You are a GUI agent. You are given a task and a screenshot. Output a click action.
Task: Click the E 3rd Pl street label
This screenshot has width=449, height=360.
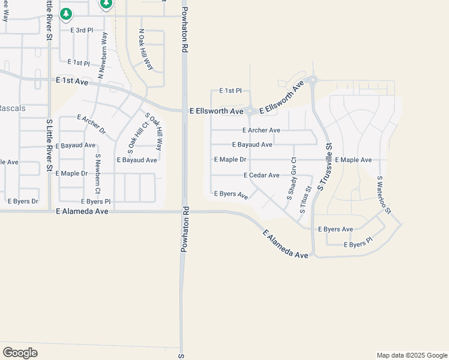click(82, 30)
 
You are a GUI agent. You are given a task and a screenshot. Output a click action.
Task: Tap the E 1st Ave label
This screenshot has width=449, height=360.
click(71, 80)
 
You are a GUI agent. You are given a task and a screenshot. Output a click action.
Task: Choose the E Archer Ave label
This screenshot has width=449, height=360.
click(261, 130)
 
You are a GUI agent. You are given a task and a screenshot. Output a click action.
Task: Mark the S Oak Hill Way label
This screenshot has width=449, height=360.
click(154, 131)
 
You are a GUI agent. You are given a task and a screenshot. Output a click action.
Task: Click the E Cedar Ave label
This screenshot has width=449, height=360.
click(262, 175)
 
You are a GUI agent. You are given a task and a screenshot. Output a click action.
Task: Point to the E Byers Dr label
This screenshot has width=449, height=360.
click(23, 201)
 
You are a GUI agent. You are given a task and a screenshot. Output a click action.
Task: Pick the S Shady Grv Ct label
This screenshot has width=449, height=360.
click(291, 178)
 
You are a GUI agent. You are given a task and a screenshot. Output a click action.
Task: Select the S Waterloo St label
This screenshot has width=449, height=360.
click(384, 194)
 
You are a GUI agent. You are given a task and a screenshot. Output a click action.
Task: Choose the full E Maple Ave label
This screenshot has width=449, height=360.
click(354, 160)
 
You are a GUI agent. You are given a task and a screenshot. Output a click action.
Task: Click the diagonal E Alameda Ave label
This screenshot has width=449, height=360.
click(285, 245)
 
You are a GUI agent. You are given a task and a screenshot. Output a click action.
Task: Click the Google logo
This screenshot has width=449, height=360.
click(20, 353)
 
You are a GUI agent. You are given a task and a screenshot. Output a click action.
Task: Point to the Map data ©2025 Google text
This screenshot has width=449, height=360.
click(411, 355)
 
